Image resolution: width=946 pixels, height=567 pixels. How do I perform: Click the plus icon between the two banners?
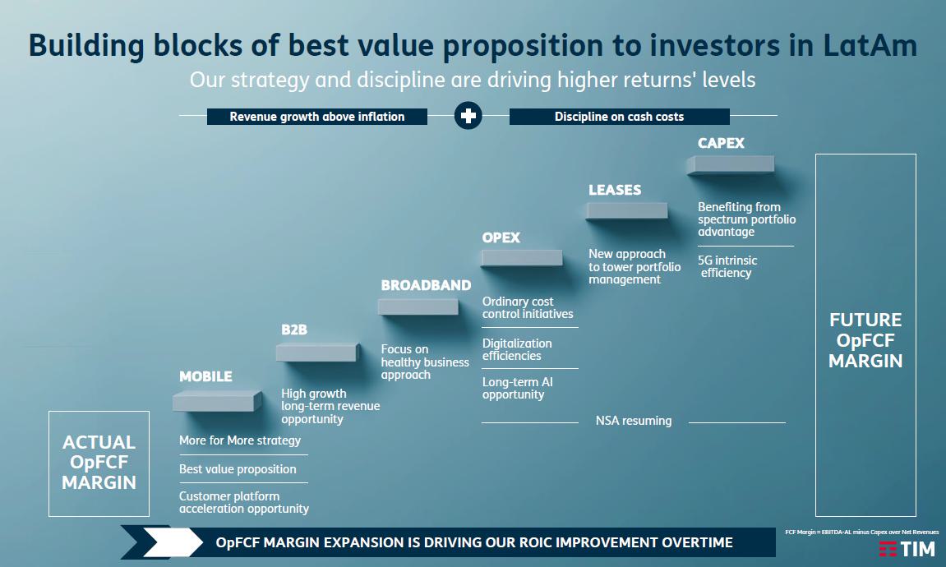pos(468,116)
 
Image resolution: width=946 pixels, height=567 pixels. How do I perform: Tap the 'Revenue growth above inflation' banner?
pos(316,117)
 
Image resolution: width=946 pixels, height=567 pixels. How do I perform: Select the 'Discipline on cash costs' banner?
pos(619,117)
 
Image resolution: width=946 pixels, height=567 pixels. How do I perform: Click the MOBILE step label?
pos(205,376)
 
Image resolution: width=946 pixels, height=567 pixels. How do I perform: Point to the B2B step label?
pos(294,330)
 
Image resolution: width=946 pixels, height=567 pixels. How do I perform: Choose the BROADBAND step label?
pos(426,285)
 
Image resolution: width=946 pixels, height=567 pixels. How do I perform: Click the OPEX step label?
pos(501,237)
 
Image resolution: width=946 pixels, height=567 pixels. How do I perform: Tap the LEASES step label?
pos(615,190)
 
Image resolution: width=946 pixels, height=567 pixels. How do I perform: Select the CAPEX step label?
pos(721,143)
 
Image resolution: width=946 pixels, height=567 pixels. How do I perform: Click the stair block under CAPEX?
pos(730,164)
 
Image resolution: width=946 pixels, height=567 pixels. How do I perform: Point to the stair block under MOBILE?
pos(217,401)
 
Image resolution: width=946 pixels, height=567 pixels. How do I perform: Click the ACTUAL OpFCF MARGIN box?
pos(99,463)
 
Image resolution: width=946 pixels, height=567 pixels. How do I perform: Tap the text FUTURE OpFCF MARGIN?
pos(865,340)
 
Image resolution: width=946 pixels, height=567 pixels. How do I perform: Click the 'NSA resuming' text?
pos(634,421)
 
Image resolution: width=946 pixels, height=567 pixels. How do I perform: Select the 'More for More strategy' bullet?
pos(239,440)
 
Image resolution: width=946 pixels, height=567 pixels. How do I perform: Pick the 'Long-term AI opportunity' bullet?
pos(517,388)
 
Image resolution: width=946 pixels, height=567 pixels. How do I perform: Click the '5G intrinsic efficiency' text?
pos(727,266)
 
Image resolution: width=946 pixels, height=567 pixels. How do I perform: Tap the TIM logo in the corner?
pos(907,549)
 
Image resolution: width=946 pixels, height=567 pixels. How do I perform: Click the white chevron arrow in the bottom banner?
pos(173,542)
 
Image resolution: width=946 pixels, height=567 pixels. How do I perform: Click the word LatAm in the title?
pos(870,45)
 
